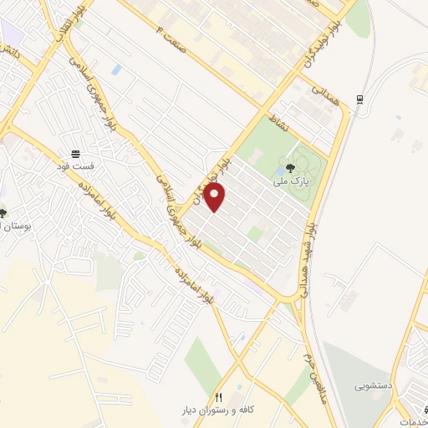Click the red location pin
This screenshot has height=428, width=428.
pyautogui.click(x=216, y=199)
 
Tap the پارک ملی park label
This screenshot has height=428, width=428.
pyautogui.click(x=291, y=179)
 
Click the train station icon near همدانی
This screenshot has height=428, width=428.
pyautogui.click(x=359, y=99)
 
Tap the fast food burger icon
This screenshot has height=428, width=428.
pyautogui.click(x=76, y=154)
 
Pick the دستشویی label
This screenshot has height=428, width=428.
pyautogui.click(x=372, y=386)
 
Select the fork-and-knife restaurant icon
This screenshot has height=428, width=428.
pyautogui.click(x=219, y=397)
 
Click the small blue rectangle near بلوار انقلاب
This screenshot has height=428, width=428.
pyautogui.click(x=115, y=69)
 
